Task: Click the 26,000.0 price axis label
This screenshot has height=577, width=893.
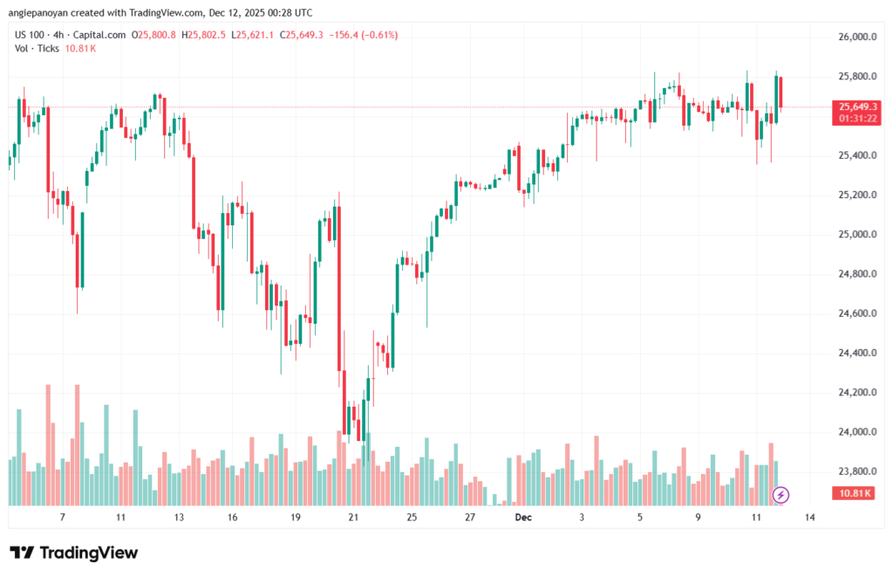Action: [856, 38]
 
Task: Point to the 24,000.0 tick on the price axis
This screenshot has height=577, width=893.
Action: [856, 432]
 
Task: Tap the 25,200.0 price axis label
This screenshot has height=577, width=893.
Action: [856, 195]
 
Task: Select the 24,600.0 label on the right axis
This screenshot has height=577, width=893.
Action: [856, 313]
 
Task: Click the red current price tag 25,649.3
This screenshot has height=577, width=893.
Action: [856, 106]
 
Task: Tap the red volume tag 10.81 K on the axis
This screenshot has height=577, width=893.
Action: [856, 494]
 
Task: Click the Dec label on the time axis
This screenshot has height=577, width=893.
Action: [523, 518]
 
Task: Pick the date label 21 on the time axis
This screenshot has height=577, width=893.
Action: [353, 518]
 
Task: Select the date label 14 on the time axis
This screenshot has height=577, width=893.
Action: [810, 518]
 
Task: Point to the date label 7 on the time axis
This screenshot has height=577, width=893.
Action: [62, 518]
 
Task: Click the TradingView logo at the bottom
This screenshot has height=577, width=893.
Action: [74, 553]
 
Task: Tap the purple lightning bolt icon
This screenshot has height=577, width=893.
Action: [781, 495]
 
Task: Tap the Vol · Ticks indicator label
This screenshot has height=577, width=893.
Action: [37, 48]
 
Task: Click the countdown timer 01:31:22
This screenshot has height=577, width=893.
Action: [856, 118]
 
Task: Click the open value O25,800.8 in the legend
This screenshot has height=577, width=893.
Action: [153, 35]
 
